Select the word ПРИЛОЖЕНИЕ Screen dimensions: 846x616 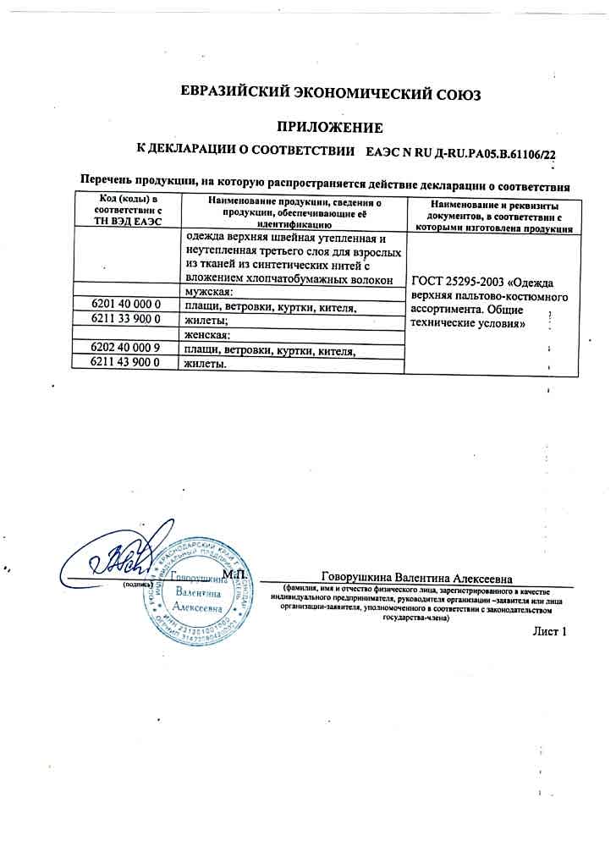click(x=331, y=128)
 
